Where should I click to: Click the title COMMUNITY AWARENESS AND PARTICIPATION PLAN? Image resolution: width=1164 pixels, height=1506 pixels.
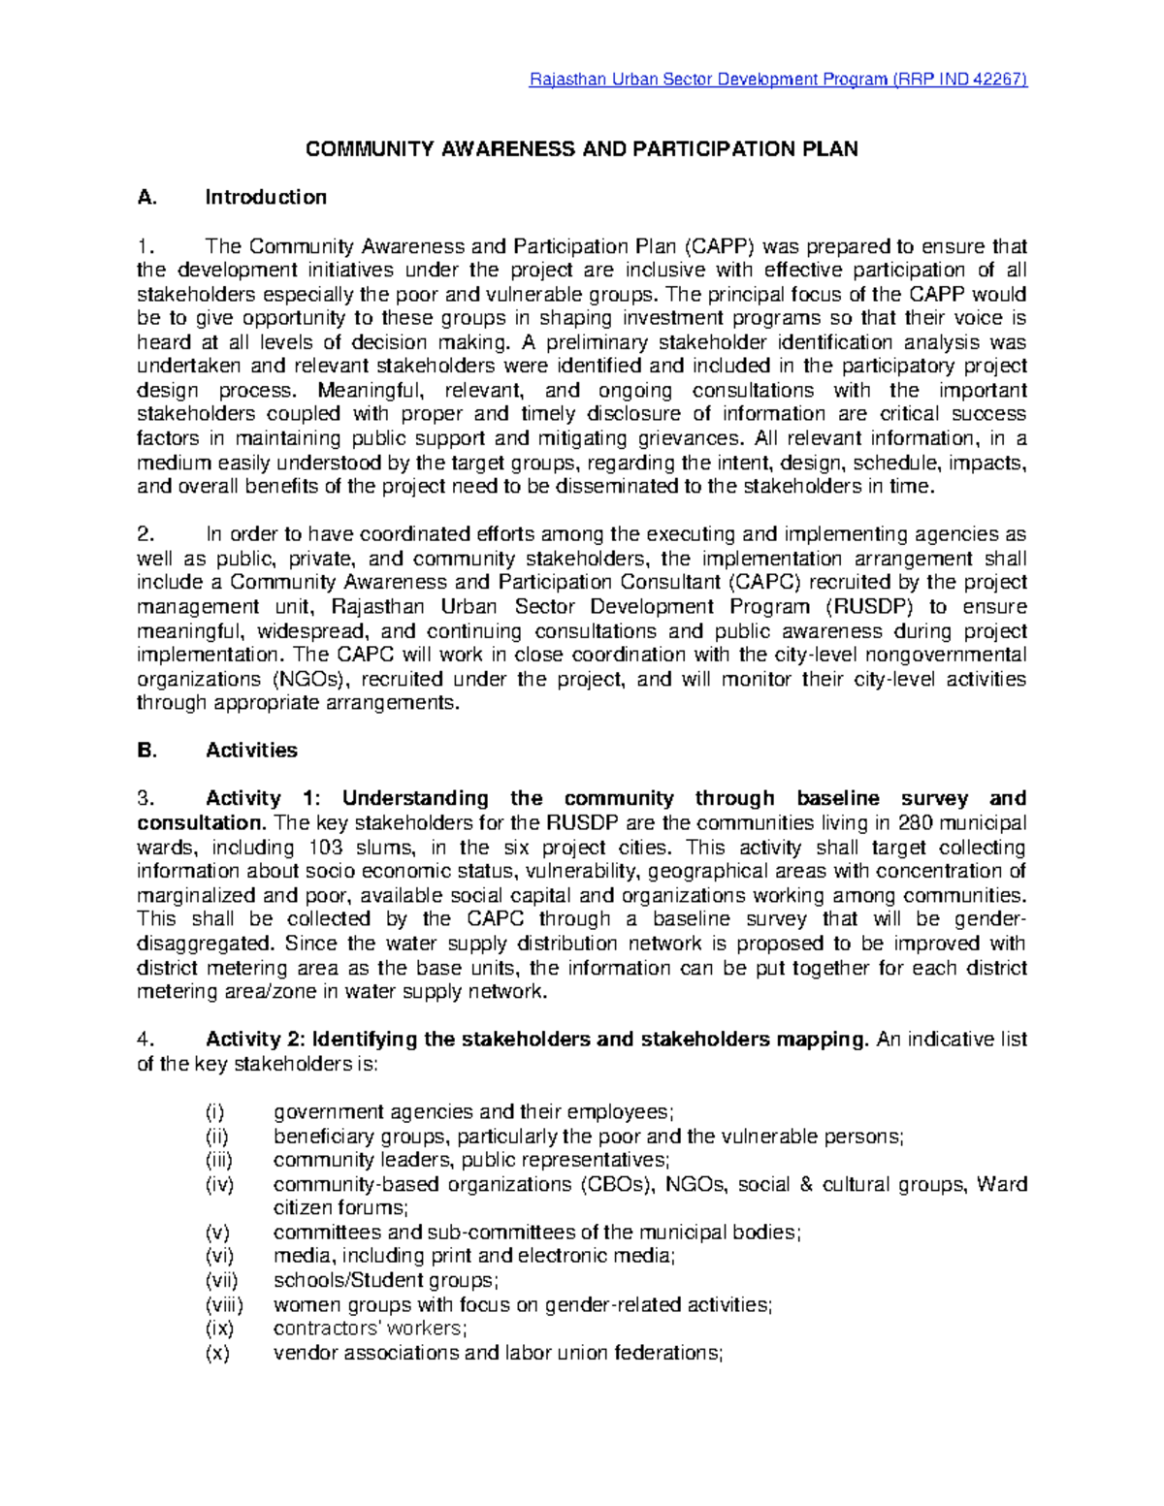point(582,149)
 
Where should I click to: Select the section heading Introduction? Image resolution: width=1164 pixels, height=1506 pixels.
point(266,198)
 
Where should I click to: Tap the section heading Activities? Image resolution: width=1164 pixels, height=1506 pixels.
point(251,751)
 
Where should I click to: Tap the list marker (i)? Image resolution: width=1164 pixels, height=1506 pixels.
point(213,1112)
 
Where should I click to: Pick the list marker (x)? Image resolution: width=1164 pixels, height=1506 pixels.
point(217,1354)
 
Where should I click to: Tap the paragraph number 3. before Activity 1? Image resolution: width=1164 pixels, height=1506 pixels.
point(145,799)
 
